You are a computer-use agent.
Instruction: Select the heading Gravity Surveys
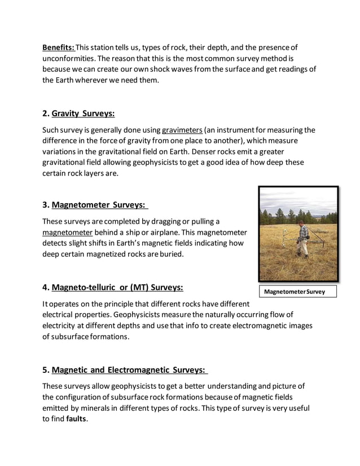(x=83, y=113)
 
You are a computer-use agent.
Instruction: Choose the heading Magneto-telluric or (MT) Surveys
(x=117, y=288)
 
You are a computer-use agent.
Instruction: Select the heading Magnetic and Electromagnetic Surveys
(x=130, y=370)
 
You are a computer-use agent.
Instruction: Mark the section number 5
(x=45, y=371)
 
